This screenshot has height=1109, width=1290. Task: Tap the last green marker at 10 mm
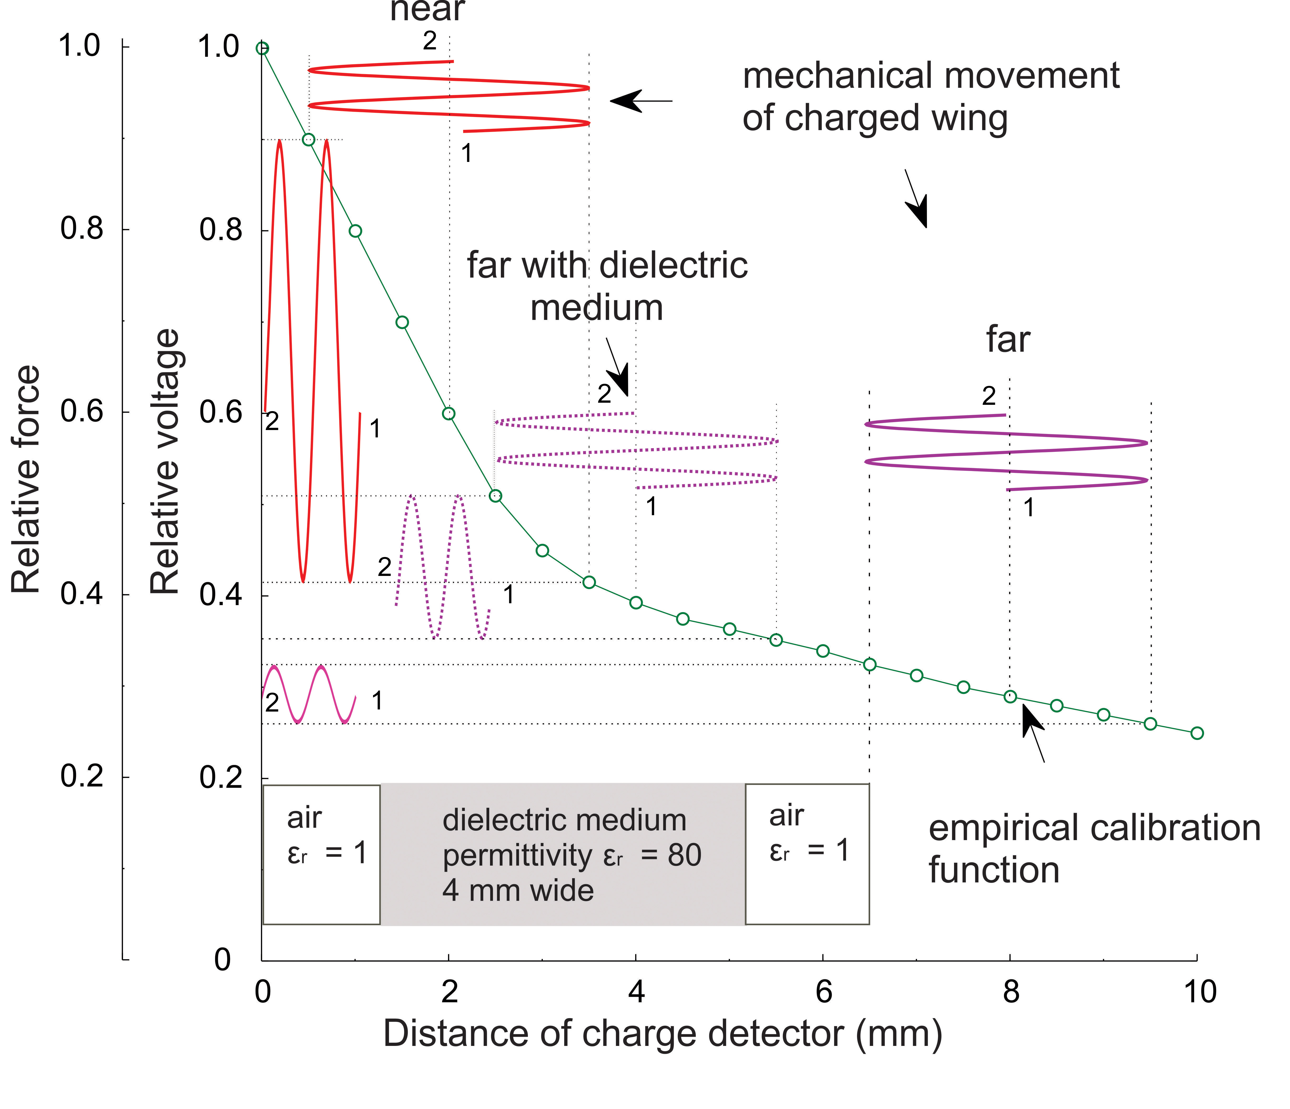point(1197,733)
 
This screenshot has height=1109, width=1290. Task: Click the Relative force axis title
point(26,479)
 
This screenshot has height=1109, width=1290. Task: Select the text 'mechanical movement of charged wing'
point(931,96)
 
